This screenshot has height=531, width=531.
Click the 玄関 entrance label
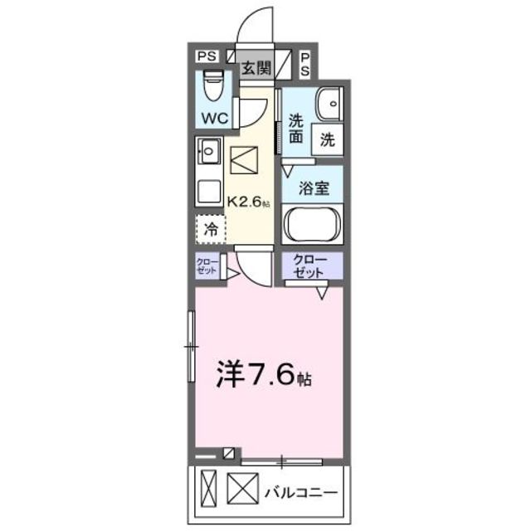pyautogui.click(x=255, y=69)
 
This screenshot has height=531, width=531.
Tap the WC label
pyautogui.click(x=212, y=117)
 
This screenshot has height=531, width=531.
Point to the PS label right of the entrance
pyautogui.click(x=305, y=64)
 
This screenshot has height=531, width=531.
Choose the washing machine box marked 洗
pyautogui.click(x=327, y=140)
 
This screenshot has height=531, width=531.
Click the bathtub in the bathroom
pyautogui.click(x=313, y=225)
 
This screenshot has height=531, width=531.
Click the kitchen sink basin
pyautogui.click(x=208, y=153)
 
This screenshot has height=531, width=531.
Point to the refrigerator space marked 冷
pyautogui.click(x=211, y=230)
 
